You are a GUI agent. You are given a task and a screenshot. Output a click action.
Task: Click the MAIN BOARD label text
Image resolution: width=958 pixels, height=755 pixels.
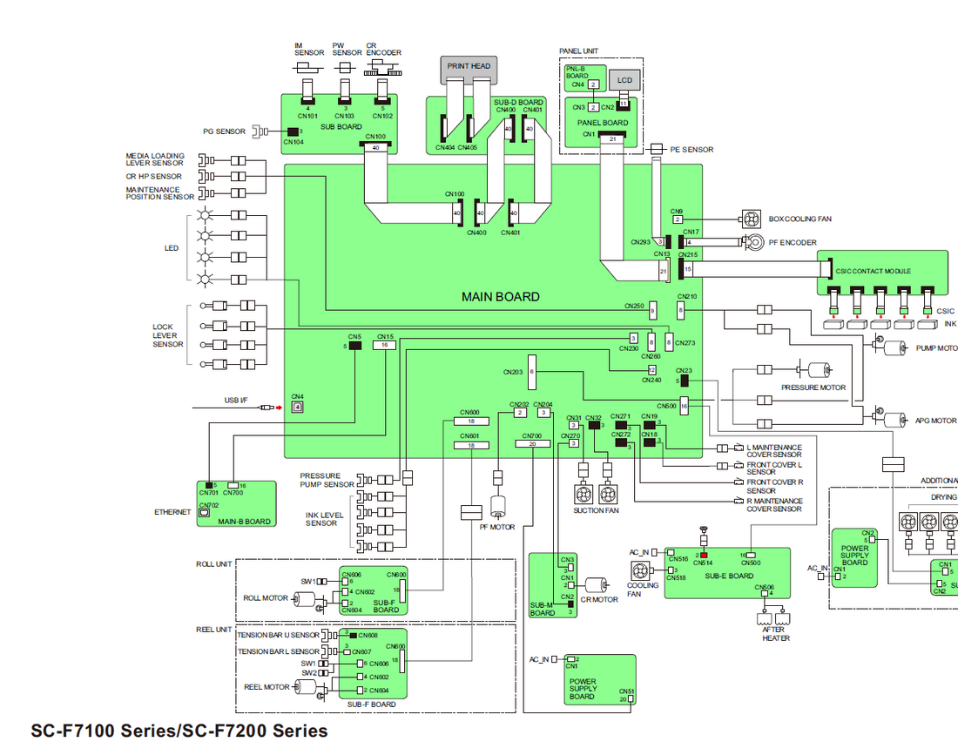pyautogui.click(x=500, y=297)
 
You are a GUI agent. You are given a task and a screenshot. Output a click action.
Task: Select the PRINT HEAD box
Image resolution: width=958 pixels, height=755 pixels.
pyautogui.click(x=469, y=66)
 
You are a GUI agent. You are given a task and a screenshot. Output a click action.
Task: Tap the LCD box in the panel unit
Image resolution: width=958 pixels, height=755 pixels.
pyautogui.click(x=624, y=80)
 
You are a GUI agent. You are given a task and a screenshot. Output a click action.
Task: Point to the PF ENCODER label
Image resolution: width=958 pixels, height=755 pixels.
pyautogui.click(x=793, y=242)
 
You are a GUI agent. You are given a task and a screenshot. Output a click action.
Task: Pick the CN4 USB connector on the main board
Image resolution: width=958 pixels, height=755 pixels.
pyautogui.click(x=297, y=407)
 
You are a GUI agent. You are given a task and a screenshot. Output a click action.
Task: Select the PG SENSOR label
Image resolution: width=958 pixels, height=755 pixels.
pyautogui.click(x=224, y=131)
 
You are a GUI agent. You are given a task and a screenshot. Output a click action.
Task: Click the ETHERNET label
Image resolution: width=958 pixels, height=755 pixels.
pyautogui.click(x=172, y=512)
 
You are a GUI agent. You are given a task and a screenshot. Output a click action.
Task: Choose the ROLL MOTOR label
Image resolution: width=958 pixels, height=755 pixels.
pyautogui.click(x=266, y=598)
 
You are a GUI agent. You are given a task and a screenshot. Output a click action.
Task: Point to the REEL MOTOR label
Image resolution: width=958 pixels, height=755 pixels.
pyautogui.click(x=266, y=687)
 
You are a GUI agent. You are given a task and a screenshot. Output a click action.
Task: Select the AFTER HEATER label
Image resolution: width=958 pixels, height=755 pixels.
pyautogui.click(x=776, y=633)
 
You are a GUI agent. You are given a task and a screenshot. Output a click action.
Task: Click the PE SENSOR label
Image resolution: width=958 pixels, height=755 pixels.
pyautogui.click(x=692, y=150)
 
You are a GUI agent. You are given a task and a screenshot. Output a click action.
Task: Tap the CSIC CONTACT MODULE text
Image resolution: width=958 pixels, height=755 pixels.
pyautogui.click(x=873, y=271)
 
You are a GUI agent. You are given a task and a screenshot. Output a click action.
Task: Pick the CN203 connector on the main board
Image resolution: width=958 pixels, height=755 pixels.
pyautogui.click(x=531, y=372)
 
